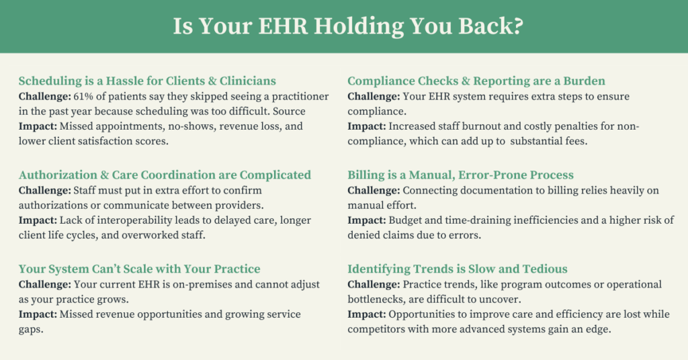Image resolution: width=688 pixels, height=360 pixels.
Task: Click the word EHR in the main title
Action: point(283,26)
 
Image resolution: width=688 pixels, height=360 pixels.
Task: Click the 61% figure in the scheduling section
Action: point(81,97)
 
